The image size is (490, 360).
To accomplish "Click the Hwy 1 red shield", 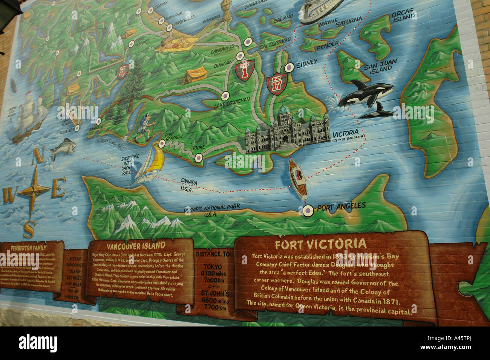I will [x=244, y=70].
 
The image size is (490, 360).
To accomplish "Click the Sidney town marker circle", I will [x=289, y=67].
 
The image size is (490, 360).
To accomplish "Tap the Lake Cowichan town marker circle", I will [x=225, y=96].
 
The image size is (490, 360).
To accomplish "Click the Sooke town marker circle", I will [x=199, y=158].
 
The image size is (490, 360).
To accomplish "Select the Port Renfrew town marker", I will [x=162, y=143].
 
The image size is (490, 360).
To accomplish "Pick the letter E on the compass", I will [x=58, y=188].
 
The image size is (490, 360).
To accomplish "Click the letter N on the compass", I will [x=37, y=156].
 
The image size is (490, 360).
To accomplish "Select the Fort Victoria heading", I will [x=320, y=244].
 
